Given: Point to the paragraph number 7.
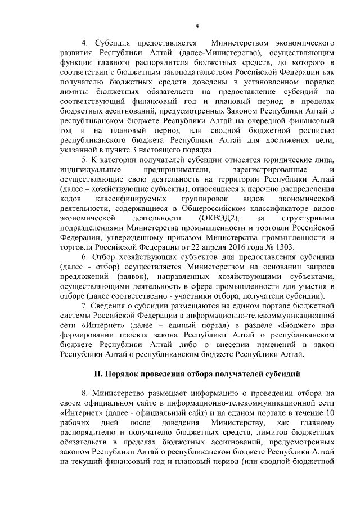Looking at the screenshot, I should tap(84, 306).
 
